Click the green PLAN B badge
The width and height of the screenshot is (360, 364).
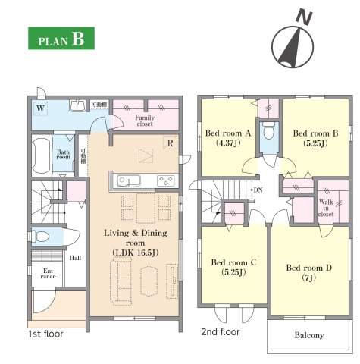point(61,38)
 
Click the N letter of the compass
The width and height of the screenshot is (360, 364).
point(304,17)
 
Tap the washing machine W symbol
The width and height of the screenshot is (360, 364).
point(40,109)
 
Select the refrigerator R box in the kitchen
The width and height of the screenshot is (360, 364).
point(171,143)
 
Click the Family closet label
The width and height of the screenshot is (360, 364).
point(145,121)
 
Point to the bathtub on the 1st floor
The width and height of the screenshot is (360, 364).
point(41,155)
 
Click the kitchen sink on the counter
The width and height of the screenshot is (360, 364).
point(129,180)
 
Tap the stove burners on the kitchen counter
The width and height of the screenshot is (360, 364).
point(166,180)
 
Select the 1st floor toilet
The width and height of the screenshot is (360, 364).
point(40,237)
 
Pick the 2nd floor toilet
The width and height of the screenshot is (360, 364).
point(268,131)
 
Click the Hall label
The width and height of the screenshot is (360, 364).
point(75,258)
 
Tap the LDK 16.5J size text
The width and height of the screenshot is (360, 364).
point(136,253)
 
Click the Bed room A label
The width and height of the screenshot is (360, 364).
point(228,133)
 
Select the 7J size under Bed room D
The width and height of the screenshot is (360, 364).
point(308,278)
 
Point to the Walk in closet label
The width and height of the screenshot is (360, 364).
point(326,208)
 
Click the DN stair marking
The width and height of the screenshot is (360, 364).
point(258,190)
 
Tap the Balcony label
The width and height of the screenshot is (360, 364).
point(309,335)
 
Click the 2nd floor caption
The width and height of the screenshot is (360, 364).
point(221,331)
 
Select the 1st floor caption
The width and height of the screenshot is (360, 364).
point(45,334)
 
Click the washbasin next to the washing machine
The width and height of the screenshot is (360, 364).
point(77,105)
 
